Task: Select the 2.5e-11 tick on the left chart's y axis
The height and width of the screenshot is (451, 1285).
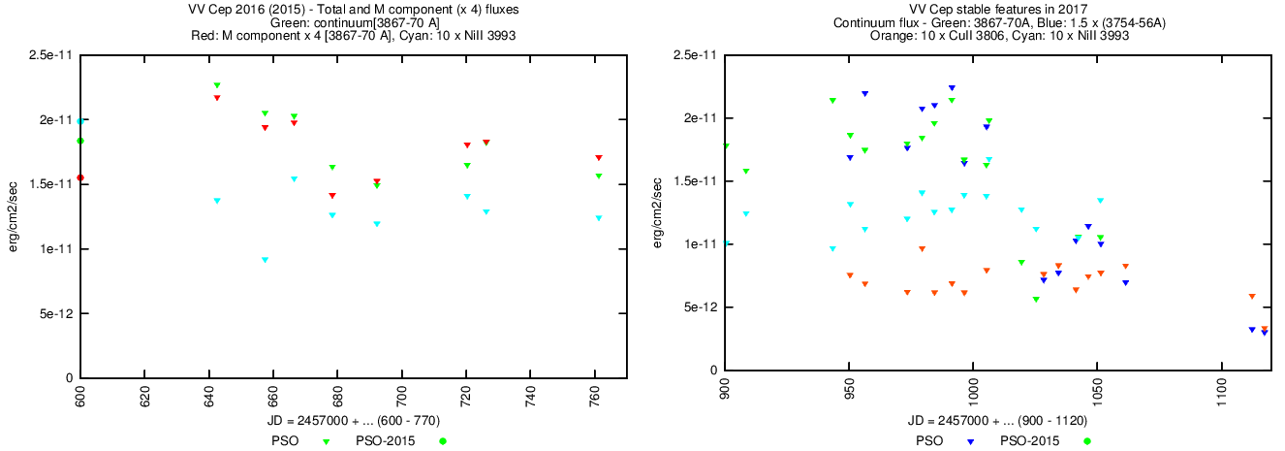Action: point(52,55)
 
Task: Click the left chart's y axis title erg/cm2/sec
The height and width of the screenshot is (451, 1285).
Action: point(14,216)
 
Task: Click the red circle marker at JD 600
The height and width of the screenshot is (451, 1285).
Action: point(80,178)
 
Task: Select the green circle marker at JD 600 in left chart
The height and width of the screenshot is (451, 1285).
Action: point(80,141)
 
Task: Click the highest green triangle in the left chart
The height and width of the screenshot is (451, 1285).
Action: point(217,85)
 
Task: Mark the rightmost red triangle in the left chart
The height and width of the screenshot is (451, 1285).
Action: point(599,157)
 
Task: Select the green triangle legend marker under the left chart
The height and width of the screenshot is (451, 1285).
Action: point(327,441)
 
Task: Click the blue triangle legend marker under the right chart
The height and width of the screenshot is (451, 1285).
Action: point(970,441)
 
